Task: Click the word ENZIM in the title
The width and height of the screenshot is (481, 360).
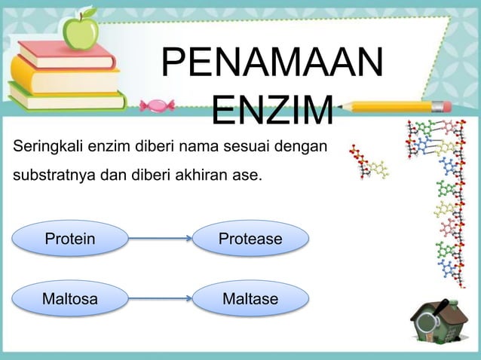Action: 271,111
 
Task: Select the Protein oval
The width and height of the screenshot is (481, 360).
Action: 70,239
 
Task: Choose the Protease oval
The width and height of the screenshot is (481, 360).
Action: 250,239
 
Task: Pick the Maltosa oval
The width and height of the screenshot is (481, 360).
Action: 70,300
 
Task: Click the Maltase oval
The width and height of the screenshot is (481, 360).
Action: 250,300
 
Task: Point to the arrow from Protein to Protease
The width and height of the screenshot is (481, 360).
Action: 160,239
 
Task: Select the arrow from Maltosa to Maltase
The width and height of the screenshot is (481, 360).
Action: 160,300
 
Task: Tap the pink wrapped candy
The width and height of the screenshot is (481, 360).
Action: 158,105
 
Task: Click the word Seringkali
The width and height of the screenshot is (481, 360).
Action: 47,146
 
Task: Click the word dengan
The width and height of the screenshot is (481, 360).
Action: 305,146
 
